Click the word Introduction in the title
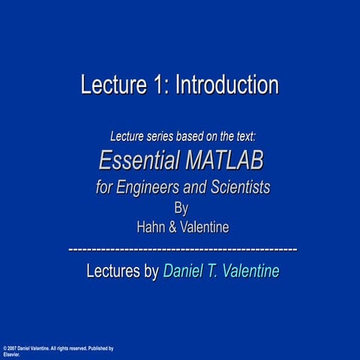click(x=227, y=85)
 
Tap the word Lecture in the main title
click(x=113, y=85)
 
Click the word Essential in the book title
click(x=139, y=160)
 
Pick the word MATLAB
click(x=224, y=160)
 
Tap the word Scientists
click(x=241, y=187)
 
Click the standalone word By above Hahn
click(x=181, y=208)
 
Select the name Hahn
click(x=151, y=227)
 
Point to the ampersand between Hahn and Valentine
click(x=172, y=227)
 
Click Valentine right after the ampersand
click(x=205, y=227)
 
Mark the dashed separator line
click(x=183, y=250)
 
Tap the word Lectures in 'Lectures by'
click(x=113, y=271)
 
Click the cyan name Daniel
click(x=183, y=271)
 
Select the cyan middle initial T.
click(x=211, y=271)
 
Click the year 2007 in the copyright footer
click(x=12, y=349)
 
